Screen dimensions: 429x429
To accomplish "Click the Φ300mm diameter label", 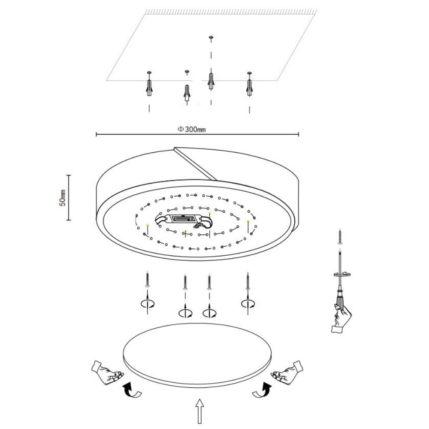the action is pos(192,129).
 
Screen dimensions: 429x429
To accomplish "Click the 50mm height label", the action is pos(63,197).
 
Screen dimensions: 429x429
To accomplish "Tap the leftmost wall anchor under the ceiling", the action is pos(149,87).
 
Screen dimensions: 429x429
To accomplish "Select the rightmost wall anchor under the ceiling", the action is pos(249,87).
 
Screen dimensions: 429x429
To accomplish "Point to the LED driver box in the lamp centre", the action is pos(184,219).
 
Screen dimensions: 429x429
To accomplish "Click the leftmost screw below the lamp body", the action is pos(148,280).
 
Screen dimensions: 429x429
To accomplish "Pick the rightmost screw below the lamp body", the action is pos(248,281).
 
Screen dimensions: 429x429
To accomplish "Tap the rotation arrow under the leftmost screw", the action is pos(148,304).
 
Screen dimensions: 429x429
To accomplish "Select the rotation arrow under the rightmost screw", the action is pos(248,303).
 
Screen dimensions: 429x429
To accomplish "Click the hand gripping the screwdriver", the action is pos(341,318).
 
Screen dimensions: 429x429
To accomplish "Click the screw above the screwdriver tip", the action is pos(340,236).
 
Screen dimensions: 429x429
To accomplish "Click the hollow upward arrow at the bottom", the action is pos(200,411).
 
